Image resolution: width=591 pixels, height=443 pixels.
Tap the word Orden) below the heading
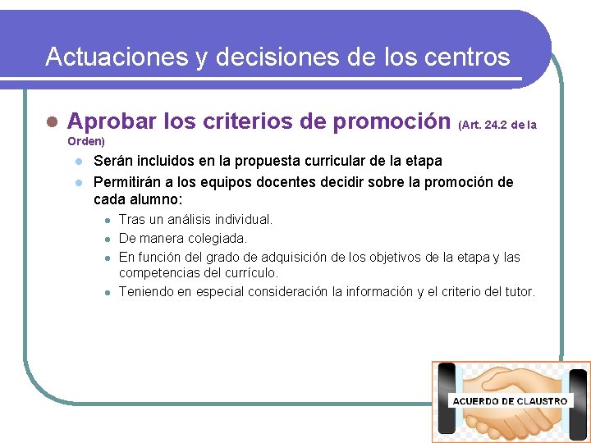click(86, 142)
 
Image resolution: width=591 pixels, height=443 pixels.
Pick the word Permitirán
click(128, 182)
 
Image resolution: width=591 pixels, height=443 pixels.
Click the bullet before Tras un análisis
click(107, 221)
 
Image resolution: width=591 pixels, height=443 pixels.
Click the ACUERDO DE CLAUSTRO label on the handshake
click(509, 401)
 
